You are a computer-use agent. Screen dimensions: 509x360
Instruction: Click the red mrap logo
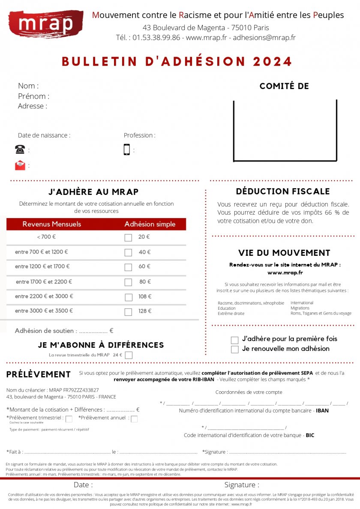tap(45, 24)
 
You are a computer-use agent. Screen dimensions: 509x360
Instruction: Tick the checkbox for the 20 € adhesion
tap(128, 237)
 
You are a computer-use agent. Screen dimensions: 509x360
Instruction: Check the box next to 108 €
tap(128, 297)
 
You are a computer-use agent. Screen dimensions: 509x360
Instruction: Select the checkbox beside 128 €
tap(128, 312)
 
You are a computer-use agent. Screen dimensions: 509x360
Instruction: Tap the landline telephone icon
tap(20, 150)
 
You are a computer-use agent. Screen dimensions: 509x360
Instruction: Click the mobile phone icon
tap(127, 150)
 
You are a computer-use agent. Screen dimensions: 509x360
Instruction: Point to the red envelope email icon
tap(20, 165)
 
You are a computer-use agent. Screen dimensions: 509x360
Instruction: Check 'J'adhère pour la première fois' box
tap(234, 340)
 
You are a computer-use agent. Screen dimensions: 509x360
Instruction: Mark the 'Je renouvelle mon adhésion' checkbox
tap(234, 350)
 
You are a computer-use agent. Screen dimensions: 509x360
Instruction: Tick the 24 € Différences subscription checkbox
tap(129, 355)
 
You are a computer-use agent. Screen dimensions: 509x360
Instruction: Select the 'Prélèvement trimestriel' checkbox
tap(69, 419)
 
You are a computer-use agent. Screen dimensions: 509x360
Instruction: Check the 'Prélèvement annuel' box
tap(134, 419)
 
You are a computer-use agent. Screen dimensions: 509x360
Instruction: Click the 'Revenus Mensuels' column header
tap(52, 224)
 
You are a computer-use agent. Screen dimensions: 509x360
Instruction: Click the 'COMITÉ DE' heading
tap(284, 86)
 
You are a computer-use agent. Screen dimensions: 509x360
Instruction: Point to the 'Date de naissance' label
tap(44, 135)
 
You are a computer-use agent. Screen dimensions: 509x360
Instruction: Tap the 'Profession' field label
tap(139, 135)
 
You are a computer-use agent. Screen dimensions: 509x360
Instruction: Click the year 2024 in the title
tap(273, 62)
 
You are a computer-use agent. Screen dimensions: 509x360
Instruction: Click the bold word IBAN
tap(322, 411)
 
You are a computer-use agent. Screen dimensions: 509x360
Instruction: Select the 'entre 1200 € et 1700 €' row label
tap(42, 266)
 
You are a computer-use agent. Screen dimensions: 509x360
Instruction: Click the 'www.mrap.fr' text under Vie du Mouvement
tap(285, 272)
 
